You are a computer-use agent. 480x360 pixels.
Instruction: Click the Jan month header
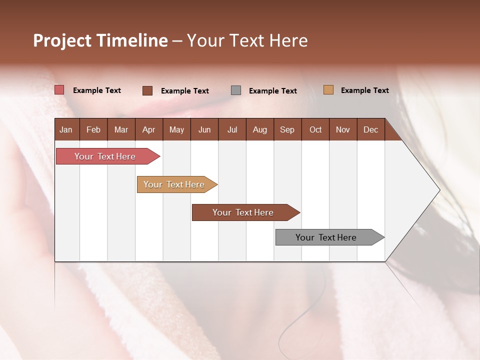click(66, 129)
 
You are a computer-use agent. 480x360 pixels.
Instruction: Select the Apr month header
click(148, 129)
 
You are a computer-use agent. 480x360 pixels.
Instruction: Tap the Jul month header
click(232, 129)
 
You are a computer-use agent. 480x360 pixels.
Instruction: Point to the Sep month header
click(287, 129)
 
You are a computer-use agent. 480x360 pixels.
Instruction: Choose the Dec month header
click(370, 129)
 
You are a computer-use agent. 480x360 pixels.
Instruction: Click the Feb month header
click(93, 129)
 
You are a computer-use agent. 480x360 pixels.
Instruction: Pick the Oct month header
click(315, 129)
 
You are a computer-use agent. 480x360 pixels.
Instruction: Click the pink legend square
click(59, 90)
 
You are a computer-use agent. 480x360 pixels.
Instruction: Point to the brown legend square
click(147, 90)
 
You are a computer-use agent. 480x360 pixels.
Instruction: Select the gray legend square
click(236, 90)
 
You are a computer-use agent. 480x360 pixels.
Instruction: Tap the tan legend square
click(328, 90)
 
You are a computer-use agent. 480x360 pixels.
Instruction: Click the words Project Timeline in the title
click(100, 40)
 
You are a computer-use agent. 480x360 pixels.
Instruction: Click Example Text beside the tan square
click(364, 90)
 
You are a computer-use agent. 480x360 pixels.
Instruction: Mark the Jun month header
click(204, 129)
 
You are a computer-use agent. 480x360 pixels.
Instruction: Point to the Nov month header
click(343, 129)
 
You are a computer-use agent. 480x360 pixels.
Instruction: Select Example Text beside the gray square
click(272, 91)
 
